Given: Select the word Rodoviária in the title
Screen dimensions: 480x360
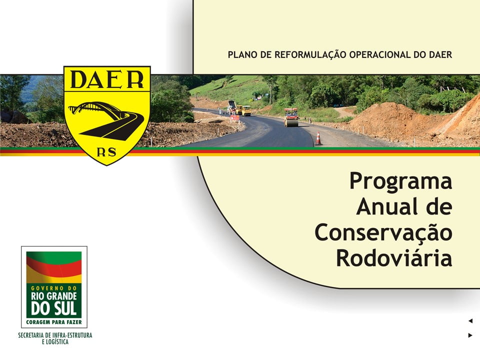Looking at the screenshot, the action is tap(394, 258).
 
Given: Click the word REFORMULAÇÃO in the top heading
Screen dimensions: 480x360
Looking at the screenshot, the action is tap(310, 55).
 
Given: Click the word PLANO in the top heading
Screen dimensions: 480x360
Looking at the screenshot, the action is tap(243, 55).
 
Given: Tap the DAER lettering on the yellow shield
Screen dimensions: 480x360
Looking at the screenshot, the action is tap(107, 79).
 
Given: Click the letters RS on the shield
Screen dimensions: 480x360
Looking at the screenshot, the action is tap(106, 152).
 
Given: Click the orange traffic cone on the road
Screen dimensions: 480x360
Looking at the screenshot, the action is tap(318, 138).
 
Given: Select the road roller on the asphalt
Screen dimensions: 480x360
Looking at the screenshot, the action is tap(291, 117).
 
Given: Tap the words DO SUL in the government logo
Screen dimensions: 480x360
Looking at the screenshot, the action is tap(53, 308).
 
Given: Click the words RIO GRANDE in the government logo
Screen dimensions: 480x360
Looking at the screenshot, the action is tap(53, 296).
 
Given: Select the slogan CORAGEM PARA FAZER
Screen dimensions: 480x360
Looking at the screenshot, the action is tap(54, 322).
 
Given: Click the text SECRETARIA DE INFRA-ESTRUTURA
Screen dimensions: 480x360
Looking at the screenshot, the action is tap(55, 335).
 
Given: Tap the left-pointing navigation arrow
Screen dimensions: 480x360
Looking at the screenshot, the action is tap(470, 321).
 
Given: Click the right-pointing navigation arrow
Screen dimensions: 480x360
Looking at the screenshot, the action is tap(470, 335).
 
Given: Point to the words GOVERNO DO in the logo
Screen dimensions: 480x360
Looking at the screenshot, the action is tap(53, 288).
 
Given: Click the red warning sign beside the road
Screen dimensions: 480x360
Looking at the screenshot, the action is tap(235, 118).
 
